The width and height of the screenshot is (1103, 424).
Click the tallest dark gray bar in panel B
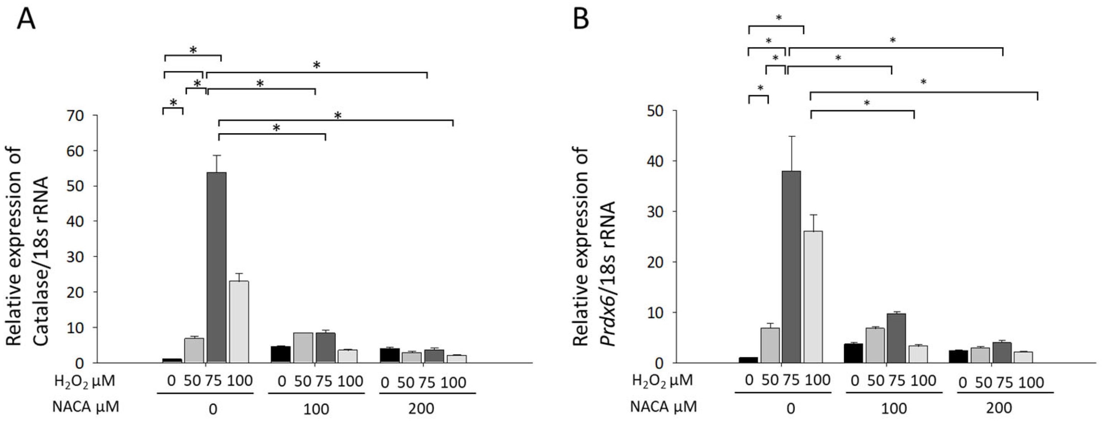coord(791,266)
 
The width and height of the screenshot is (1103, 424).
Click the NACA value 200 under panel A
coord(421,408)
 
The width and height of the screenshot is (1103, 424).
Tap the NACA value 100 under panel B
coord(894,408)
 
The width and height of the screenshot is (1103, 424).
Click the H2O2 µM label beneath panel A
coord(85,381)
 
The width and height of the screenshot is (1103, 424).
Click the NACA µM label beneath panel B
coord(663,406)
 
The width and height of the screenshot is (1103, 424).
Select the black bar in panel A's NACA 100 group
coord(280,354)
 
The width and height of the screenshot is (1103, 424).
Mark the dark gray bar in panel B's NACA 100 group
coord(896,338)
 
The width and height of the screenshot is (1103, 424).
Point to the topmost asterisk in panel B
coord(779,18)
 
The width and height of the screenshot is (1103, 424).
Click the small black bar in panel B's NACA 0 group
coord(748,360)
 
